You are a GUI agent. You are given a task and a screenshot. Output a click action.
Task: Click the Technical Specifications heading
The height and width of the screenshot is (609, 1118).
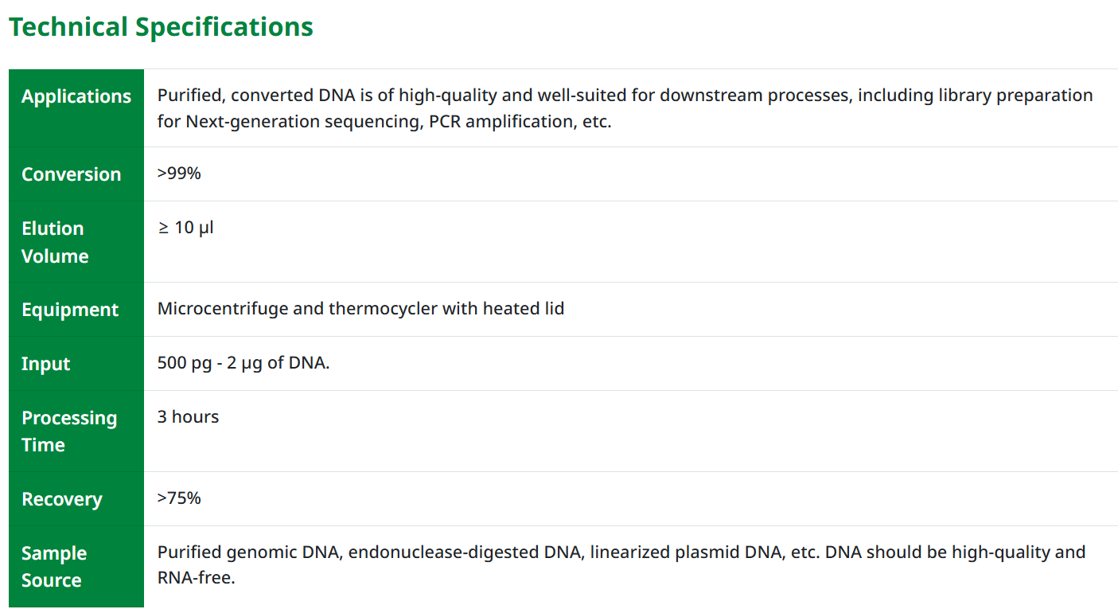click(x=161, y=27)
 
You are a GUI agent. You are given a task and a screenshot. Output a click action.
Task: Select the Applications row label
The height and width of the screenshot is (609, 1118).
click(x=76, y=96)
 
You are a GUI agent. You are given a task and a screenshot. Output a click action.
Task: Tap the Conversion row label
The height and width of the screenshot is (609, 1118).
click(x=72, y=174)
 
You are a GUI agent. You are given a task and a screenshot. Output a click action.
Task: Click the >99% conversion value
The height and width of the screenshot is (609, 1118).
click(x=179, y=173)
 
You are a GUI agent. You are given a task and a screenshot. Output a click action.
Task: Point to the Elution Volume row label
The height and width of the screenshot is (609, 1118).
click(x=54, y=242)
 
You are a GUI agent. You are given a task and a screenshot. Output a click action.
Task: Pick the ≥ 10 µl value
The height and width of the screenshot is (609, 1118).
click(x=185, y=228)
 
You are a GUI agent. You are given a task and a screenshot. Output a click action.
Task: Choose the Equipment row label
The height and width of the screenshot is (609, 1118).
click(x=70, y=310)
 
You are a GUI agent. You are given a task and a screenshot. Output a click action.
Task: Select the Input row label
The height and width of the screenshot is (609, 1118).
click(x=46, y=364)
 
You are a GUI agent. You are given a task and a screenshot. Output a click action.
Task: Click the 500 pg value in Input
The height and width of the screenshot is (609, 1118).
click(x=184, y=363)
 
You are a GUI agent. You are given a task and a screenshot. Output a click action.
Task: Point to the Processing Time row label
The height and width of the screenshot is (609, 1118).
click(x=68, y=431)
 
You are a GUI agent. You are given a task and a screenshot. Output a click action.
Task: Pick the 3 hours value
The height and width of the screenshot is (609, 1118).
click(x=188, y=417)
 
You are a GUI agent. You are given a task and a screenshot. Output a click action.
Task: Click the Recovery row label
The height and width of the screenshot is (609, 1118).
click(x=62, y=499)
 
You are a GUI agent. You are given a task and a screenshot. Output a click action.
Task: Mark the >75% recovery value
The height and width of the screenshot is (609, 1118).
click(x=179, y=498)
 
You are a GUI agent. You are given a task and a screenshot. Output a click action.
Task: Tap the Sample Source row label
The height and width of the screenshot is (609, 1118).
click(x=54, y=567)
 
